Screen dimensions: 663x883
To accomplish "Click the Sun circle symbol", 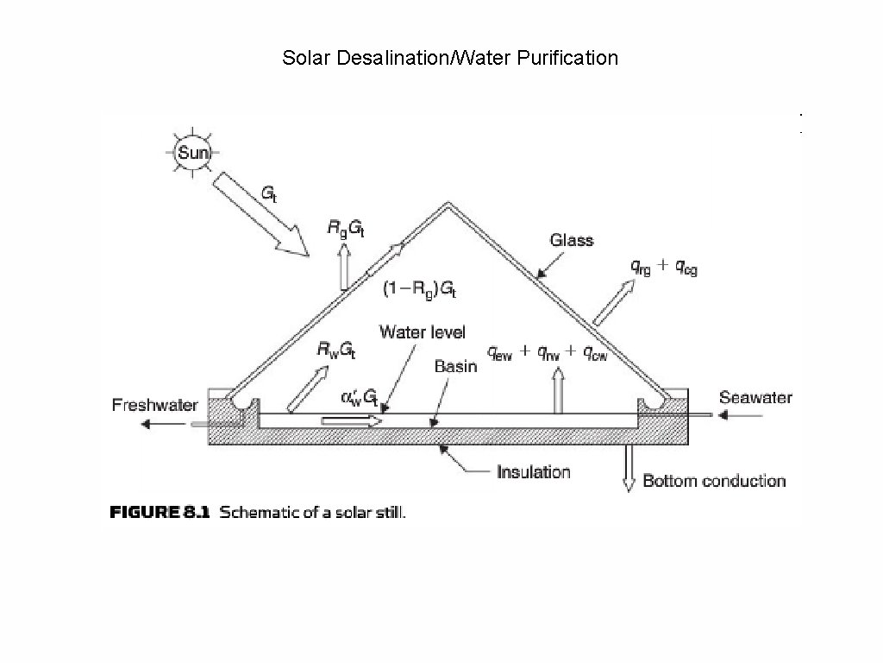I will pos(191,155).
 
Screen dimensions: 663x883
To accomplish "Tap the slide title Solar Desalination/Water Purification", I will pos(450,59).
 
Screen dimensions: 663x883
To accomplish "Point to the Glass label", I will pos(571,241).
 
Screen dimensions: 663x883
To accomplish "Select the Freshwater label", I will pos(155,405).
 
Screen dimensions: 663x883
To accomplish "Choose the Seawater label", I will pos(755,398).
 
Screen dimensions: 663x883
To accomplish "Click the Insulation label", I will pos(533,472).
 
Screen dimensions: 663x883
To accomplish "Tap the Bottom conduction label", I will pos(714,481).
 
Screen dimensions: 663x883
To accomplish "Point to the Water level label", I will pos(423,331).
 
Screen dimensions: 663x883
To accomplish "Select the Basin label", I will pos(455,366).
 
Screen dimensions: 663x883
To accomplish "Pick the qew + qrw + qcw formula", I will pos(547,352).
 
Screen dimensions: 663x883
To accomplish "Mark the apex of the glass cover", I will pos(447,205).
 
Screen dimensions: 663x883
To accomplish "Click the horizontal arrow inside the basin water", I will pos(352,420).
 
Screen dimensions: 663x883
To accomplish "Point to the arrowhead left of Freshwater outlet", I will pos(148,423).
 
